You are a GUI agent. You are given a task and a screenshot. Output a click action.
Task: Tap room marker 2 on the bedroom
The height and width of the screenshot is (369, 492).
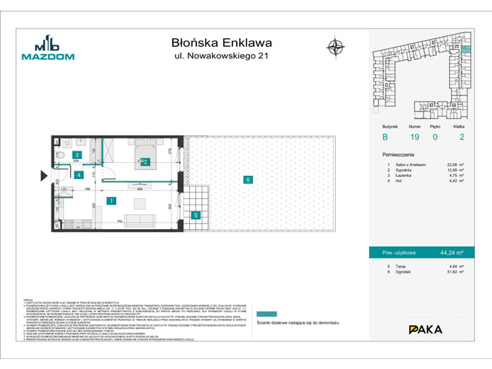coord(145,162)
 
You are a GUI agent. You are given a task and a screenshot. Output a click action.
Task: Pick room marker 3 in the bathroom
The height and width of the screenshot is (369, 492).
coord(77,155)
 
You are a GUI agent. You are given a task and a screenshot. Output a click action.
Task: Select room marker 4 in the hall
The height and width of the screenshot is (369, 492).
coord(78,175)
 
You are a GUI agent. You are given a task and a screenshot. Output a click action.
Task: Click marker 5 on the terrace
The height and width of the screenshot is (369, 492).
coord(196,215)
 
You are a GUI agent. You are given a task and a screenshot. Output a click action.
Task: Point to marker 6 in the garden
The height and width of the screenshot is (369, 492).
coord(248,180)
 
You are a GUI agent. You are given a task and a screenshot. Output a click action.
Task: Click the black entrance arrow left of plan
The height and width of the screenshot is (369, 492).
coord(44,176)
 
